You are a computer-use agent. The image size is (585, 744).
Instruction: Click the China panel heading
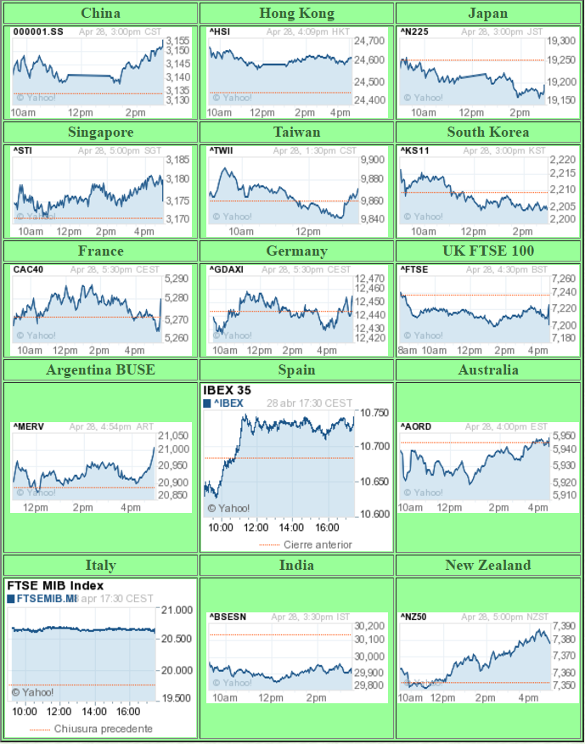click(x=100, y=13)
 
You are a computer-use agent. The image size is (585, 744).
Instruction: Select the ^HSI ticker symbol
click(x=219, y=31)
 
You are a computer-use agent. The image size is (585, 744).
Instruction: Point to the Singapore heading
click(x=100, y=132)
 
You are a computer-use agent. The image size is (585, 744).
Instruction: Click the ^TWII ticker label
click(x=222, y=150)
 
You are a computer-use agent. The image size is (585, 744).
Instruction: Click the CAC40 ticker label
click(x=27, y=269)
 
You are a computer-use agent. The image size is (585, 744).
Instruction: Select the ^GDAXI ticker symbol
click(x=226, y=269)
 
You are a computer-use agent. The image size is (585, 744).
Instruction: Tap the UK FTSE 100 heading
click(x=488, y=251)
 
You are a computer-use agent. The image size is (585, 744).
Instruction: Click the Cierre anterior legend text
click(x=318, y=544)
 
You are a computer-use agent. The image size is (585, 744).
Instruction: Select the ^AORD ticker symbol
click(x=417, y=426)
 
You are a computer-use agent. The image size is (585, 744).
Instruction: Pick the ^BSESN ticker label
click(x=228, y=617)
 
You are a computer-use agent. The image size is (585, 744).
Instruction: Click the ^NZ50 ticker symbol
click(x=415, y=617)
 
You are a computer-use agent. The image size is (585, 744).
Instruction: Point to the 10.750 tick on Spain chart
click(x=374, y=413)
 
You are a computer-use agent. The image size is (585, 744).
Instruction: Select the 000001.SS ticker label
click(x=37, y=31)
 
